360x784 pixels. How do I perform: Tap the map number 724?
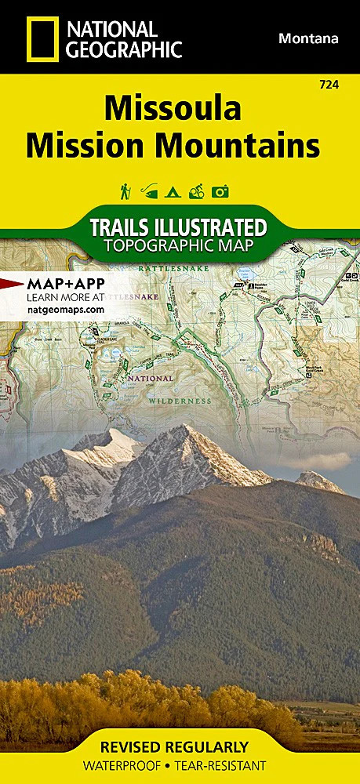330,84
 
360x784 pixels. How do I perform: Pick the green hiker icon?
125,191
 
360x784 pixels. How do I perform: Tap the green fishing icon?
148,191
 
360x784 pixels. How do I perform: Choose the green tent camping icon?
173,191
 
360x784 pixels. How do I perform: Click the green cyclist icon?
197,191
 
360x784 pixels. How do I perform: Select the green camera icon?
221,191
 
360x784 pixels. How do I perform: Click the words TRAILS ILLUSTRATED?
178,227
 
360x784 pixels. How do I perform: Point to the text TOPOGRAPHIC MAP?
178,246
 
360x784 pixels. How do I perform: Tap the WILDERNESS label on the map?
180,400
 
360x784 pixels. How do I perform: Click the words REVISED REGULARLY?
180,746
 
